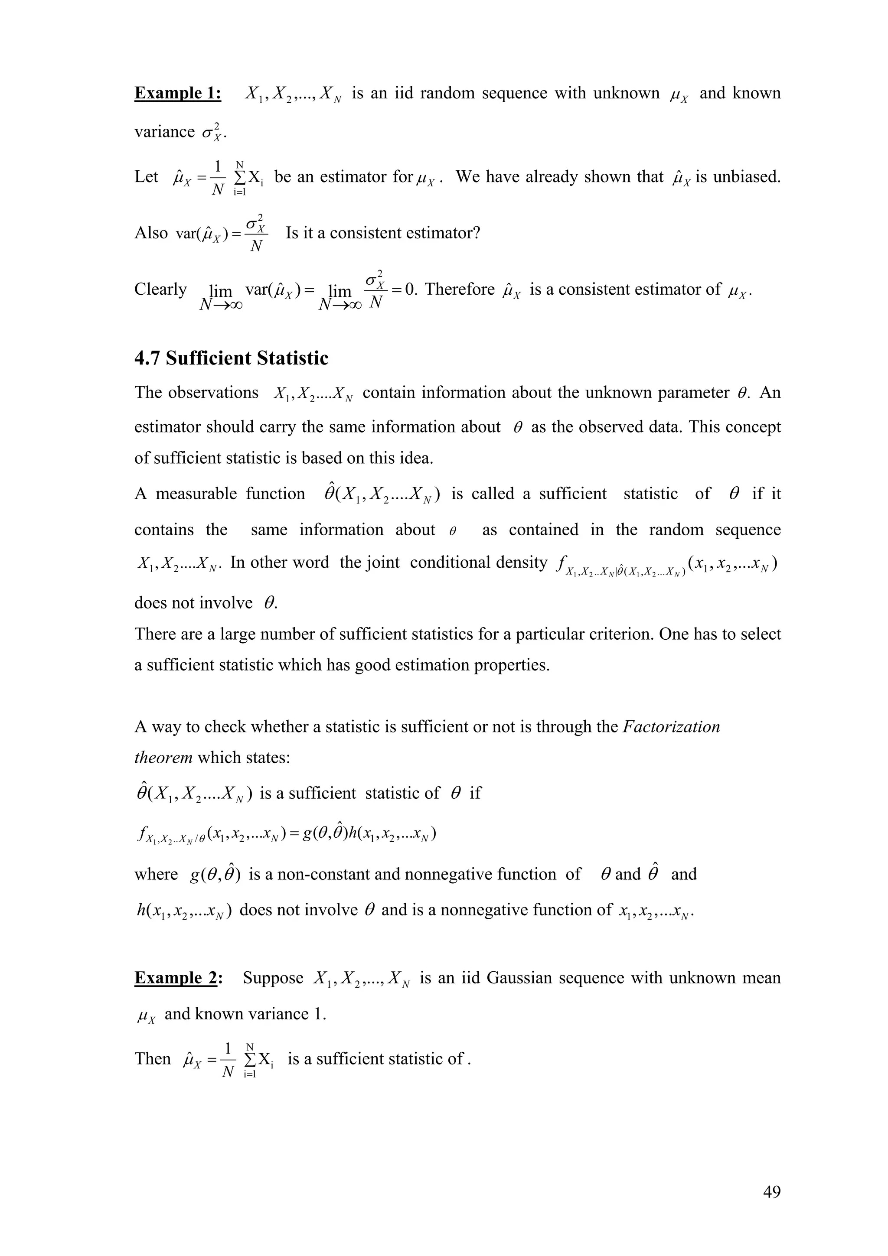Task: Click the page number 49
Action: pos(771,1192)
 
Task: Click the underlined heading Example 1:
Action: pos(178,94)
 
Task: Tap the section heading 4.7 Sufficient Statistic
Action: pos(231,358)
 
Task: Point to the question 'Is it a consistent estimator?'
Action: pos(382,233)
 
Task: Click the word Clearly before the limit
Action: pos(160,289)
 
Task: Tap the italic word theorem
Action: pos(163,758)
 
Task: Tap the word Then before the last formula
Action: pos(153,1058)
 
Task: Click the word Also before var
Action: pos(151,233)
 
